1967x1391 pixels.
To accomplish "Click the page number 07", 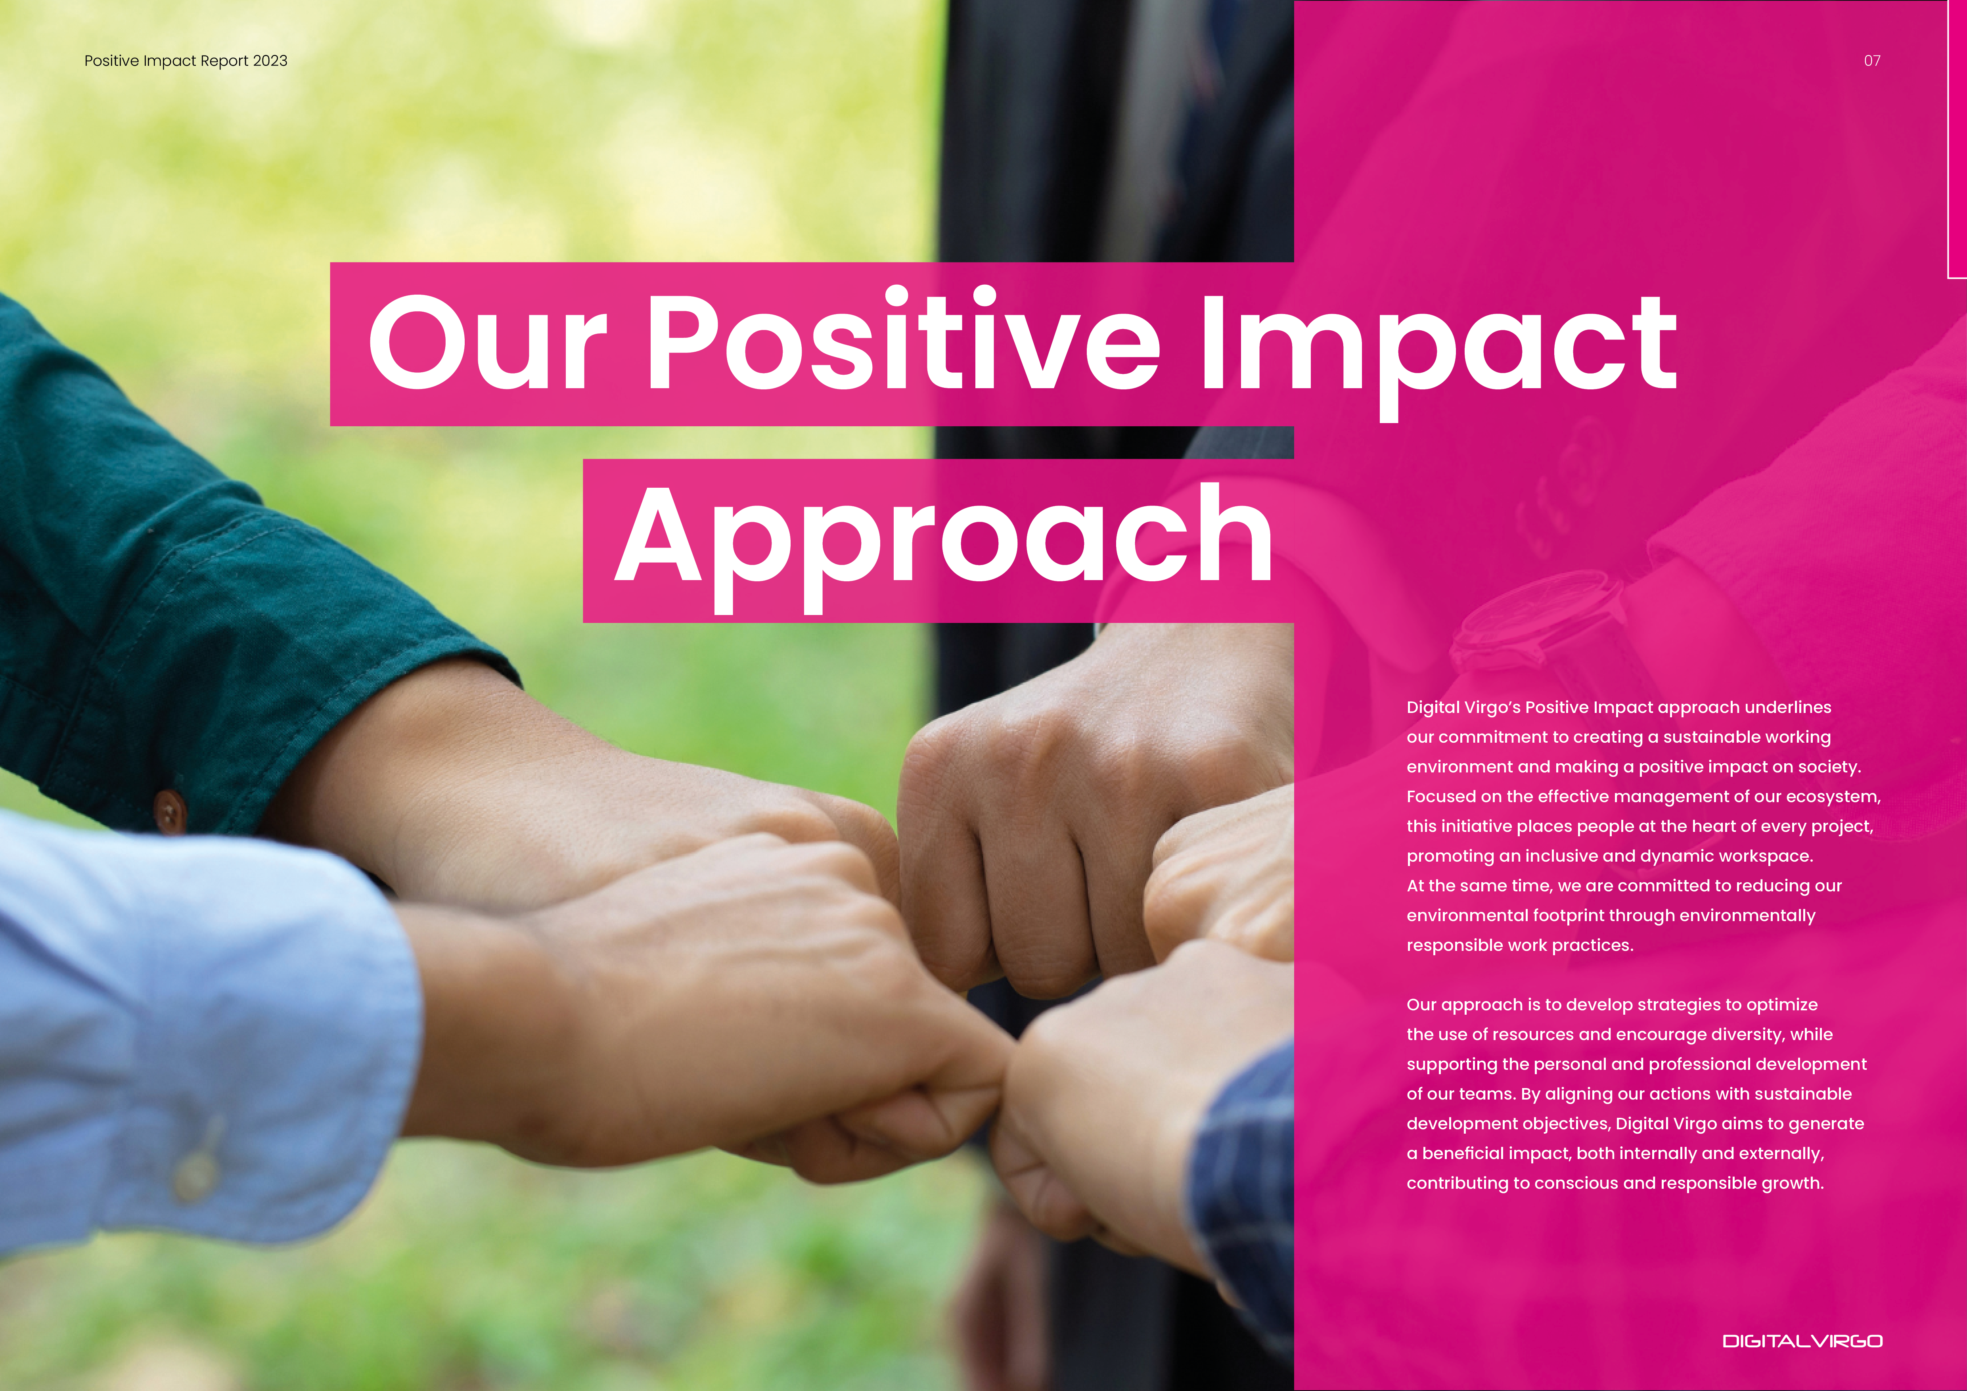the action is coord(1872,61).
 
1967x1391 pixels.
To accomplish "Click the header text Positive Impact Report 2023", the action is coord(186,61).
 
